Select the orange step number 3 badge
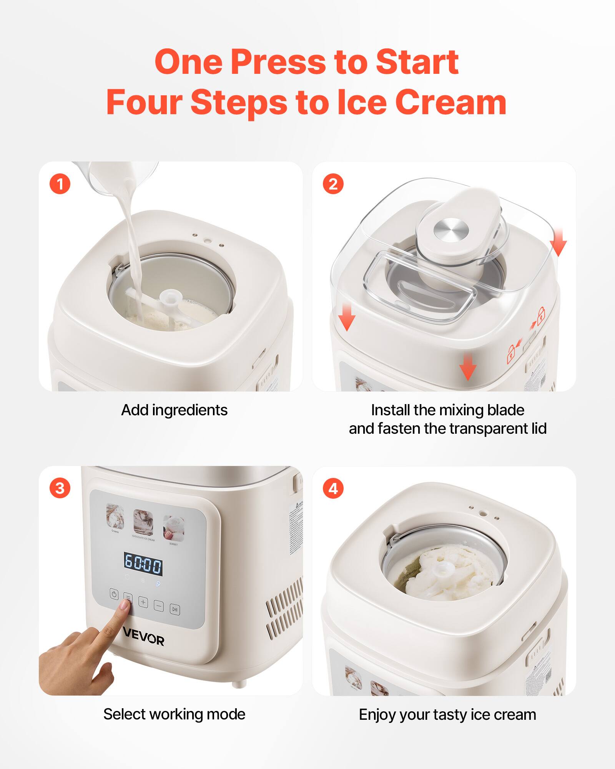[60, 488]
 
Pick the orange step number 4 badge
[333, 488]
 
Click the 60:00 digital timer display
[143, 564]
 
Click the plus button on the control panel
[143, 602]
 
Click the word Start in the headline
[417, 62]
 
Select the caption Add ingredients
[174, 410]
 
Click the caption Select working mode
[174, 714]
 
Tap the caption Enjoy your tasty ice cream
[447, 714]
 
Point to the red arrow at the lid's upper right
[558, 242]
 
